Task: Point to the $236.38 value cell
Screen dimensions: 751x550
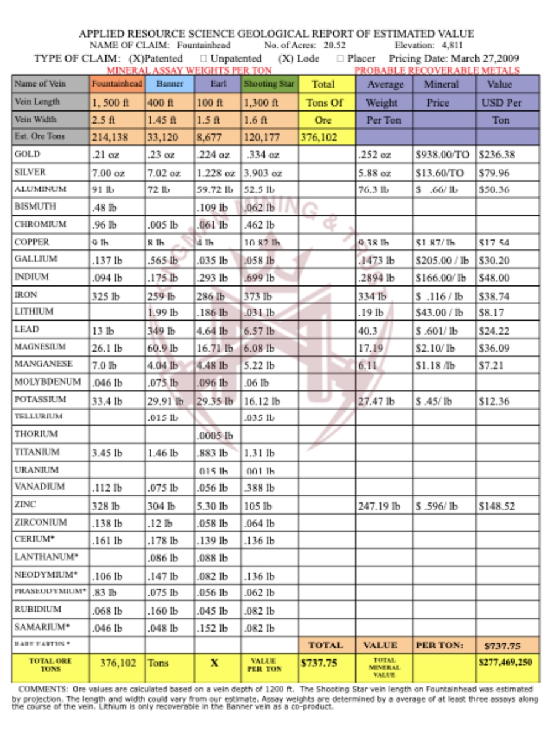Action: tap(497, 155)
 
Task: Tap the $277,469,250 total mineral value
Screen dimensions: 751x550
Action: tap(507, 663)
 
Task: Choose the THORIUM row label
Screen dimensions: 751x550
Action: tap(36, 435)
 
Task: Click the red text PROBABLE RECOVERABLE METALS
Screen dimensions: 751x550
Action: tap(437, 71)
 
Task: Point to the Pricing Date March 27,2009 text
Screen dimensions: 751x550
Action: tap(454, 59)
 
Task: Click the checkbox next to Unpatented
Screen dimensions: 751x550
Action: tap(204, 59)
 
